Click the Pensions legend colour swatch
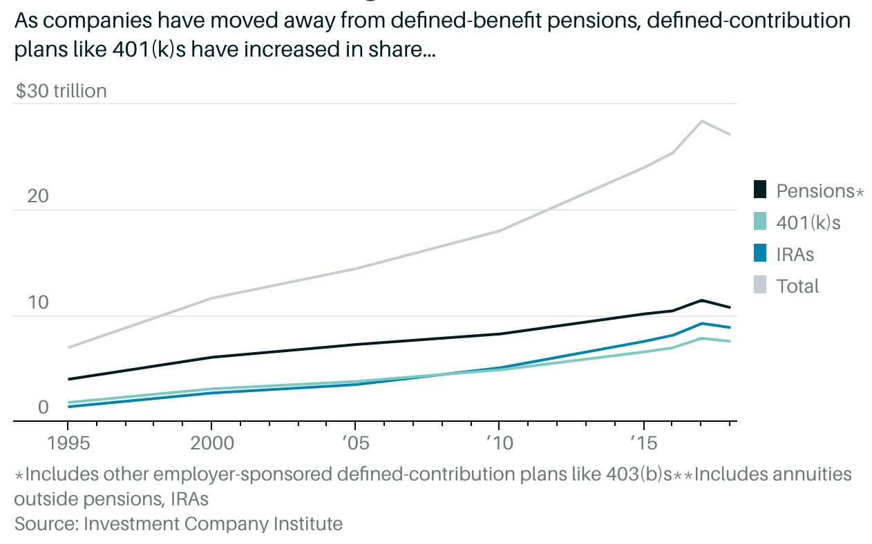(x=761, y=190)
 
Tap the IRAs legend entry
(x=795, y=254)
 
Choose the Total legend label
(x=797, y=286)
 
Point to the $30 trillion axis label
(x=61, y=91)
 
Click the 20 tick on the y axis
(x=38, y=197)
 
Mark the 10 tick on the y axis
(x=38, y=303)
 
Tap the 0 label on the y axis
(x=44, y=407)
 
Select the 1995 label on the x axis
(x=68, y=443)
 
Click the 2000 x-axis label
(x=211, y=443)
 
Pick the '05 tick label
(x=354, y=443)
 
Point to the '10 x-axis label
(x=498, y=443)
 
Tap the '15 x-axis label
(x=642, y=443)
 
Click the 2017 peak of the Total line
(x=702, y=121)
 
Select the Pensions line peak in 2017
(x=702, y=300)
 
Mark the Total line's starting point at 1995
(x=68, y=347)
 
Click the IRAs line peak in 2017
(x=702, y=323)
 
